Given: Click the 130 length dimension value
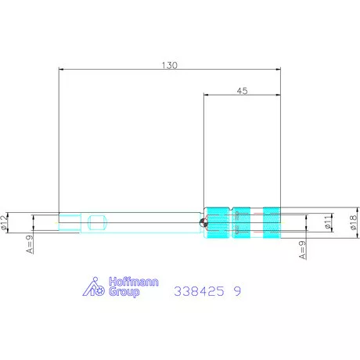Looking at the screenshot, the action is coord(170,65).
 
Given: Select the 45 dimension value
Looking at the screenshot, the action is coord(242,91).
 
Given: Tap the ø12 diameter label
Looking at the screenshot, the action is coord(4,222).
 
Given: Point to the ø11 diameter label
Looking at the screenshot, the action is coord(328,222).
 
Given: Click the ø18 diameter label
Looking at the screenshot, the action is coord(353,222).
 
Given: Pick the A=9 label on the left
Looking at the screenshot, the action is coord(30,244).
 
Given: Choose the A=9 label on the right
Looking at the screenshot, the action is coord(303,250).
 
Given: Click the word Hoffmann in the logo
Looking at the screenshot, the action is coord(134,282).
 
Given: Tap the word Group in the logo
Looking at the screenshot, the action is coord(124,292).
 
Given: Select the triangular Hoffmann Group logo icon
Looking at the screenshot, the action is coord(94,286).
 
